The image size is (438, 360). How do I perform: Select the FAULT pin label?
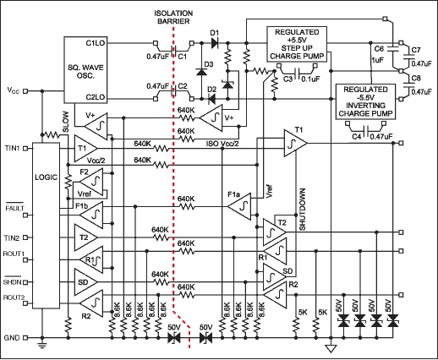coord(14,206)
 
